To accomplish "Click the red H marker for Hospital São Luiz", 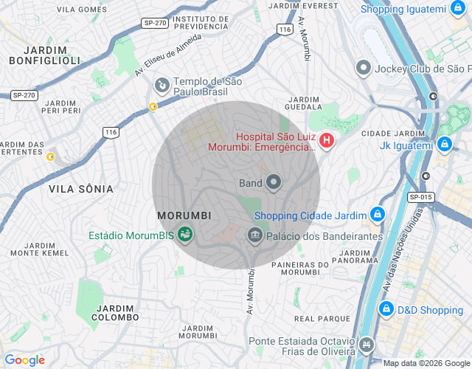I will pyautogui.click(x=325, y=139).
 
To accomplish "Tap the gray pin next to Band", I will pyautogui.click(x=274, y=182).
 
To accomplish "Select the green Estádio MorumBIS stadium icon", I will pyautogui.click(x=185, y=235).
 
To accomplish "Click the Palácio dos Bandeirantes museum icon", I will pyautogui.click(x=255, y=235).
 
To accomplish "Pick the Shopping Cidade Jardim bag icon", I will pyautogui.click(x=377, y=215).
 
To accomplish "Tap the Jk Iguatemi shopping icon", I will pyautogui.click(x=444, y=145).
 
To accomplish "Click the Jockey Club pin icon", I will pyautogui.click(x=363, y=69).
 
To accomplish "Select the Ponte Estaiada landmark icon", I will pyautogui.click(x=367, y=345).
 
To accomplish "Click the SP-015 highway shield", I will pyautogui.click(x=420, y=197).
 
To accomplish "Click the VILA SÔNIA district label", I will pyautogui.click(x=81, y=189).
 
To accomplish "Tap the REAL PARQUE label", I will pyautogui.click(x=322, y=319).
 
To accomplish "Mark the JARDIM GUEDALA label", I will pyautogui.click(x=303, y=103).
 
